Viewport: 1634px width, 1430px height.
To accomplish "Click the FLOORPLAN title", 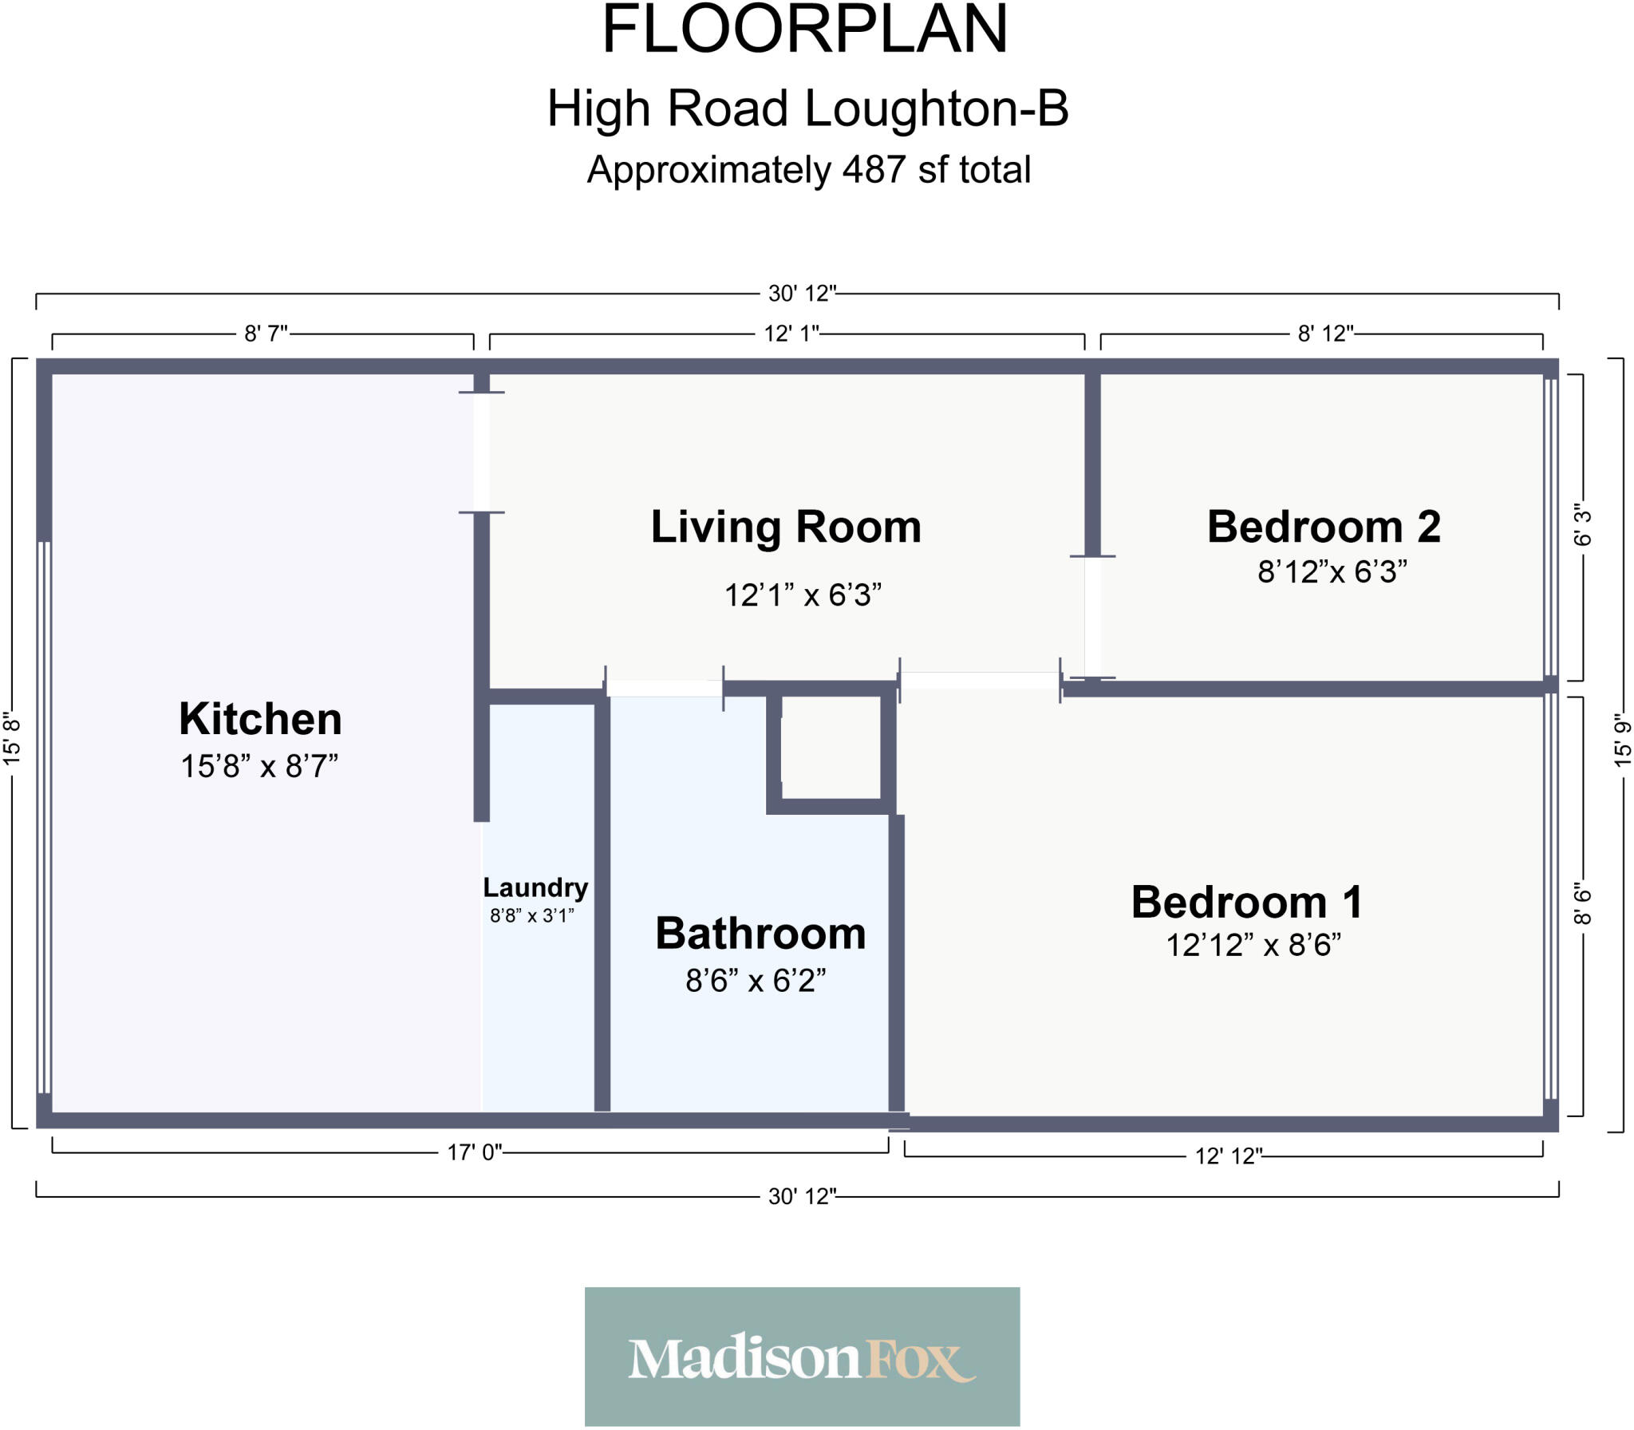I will click(x=804, y=30).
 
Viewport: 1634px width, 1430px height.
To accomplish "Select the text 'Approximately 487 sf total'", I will click(x=808, y=170).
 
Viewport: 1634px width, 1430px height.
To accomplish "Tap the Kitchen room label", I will click(x=260, y=719).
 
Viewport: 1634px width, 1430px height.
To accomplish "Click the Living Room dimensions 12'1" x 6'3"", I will click(x=802, y=595).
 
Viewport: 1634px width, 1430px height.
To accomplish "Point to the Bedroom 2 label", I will click(x=1323, y=527).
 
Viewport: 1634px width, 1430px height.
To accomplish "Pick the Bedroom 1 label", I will click(x=1246, y=903).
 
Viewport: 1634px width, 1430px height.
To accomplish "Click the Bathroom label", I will click(x=760, y=934).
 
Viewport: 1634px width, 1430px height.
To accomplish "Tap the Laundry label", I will click(x=535, y=887).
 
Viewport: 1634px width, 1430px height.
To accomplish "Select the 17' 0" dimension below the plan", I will click(x=474, y=1152).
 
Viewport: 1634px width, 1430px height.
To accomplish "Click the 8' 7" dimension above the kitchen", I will click(x=266, y=334).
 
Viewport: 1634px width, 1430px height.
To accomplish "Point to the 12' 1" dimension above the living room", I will click(x=791, y=334).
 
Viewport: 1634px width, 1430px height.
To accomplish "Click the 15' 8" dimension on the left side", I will click(x=12, y=739).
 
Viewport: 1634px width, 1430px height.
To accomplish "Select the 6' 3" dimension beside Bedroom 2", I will click(x=1582, y=524).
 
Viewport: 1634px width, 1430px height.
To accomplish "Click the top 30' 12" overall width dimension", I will click(x=802, y=294).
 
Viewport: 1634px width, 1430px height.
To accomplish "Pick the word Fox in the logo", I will click(x=918, y=1360).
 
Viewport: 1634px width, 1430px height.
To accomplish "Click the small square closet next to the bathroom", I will click(x=831, y=747).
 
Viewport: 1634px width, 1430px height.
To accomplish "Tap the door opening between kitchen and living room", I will click(x=481, y=452).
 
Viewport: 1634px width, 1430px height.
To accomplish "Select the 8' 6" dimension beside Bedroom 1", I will click(x=1582, y=904).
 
